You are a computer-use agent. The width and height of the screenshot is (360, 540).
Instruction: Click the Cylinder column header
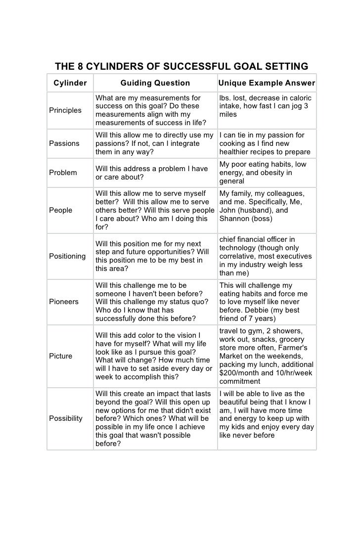click(70, 83)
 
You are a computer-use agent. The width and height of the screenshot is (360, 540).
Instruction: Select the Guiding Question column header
click(155, 83)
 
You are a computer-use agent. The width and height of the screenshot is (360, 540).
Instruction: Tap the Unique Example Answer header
click(267, 83)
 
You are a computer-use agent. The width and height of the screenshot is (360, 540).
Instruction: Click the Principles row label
click(65, 110)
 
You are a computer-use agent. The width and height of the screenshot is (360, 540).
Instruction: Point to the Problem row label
click(62, 173)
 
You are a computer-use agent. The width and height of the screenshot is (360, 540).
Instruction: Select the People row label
click(60, 210)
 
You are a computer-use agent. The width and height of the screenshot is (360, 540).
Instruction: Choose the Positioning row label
click(67, 256)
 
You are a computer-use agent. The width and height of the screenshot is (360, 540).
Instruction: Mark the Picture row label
click(60, 356)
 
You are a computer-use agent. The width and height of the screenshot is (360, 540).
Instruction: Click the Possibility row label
click(66, 418)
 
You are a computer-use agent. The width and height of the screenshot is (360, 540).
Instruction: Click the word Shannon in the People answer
click(234, 218)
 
